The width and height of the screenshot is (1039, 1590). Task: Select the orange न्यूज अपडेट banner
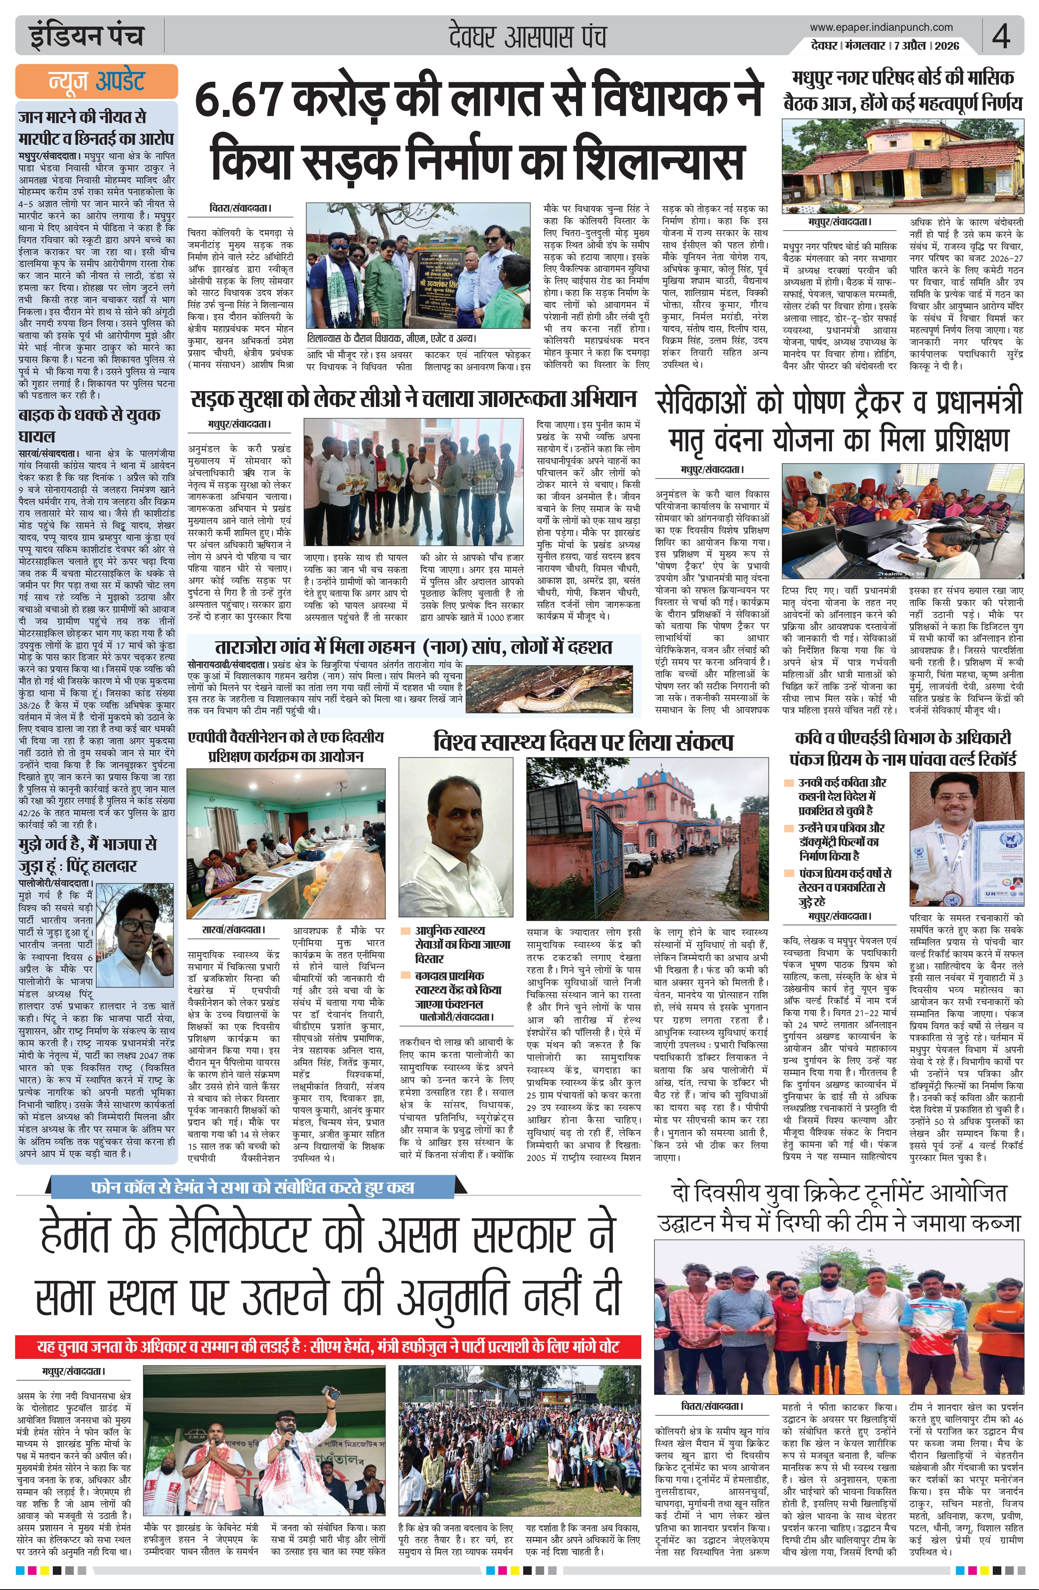96,82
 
